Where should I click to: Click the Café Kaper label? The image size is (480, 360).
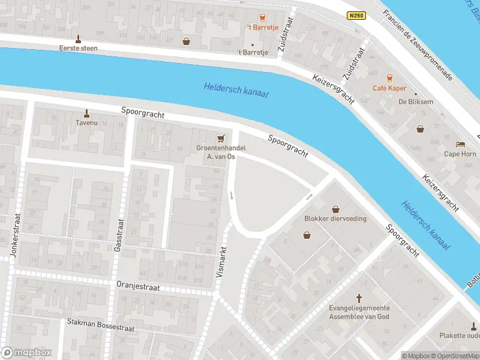pyautogui.click(x=389, y=88)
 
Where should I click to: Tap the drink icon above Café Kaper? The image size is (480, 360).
pyautogui.click(x=389, y=78)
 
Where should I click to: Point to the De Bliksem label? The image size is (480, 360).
pyautogui.click(x=416, y=101)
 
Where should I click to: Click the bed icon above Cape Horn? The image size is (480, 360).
pyautogui.click(x=460, y=144)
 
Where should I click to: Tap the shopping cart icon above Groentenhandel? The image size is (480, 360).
pyautogui.click(x=220, y=138)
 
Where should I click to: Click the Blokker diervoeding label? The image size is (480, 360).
pyautogui.click(x=335, y=218)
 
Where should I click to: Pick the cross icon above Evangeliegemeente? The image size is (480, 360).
pyautogui.click(x=359, y=298)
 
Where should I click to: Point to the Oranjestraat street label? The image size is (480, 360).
pyautogui.click(x=138, y=287)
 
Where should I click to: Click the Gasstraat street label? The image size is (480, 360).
pyautogui.click(x=118, y=235)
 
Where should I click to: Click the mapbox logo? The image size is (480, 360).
pyautogui.click(x=26, y=353)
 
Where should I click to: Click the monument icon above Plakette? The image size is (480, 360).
pyautogui.click(x=474, y=326)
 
